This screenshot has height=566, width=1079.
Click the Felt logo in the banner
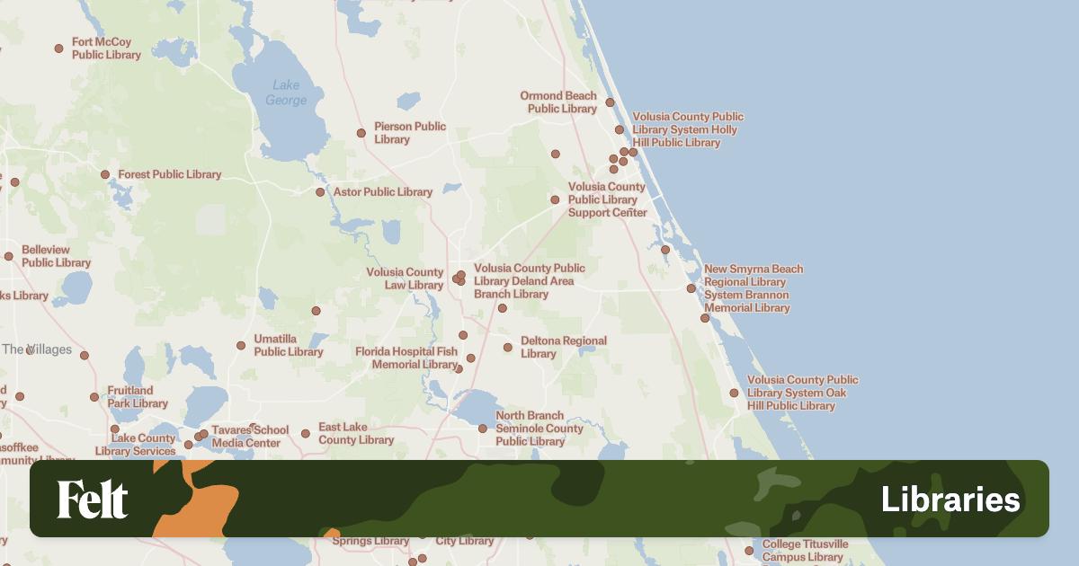pos(93,500)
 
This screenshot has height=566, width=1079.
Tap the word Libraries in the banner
pos(950,500)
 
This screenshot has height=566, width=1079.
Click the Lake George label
pos(286,93)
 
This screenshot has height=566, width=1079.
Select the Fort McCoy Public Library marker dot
pos(59,49)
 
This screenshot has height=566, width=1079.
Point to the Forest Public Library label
pos(169,174)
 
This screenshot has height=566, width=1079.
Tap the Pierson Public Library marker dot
pos(361,133)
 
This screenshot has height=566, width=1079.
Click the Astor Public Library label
pos(382,191)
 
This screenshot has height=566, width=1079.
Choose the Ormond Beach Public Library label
pos(558,102)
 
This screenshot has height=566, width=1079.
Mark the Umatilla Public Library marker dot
pos(241,346)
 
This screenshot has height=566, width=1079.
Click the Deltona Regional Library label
pos(563,347)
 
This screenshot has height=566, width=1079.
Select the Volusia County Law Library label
pos(405,279)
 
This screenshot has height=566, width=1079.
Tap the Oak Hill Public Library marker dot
pos(734,393)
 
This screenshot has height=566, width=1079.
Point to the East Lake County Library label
pos(356,433)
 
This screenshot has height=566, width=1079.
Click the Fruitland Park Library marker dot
pos(94,397)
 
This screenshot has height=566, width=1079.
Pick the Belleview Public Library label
pos(56,256)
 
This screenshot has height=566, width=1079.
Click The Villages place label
pos(36,349)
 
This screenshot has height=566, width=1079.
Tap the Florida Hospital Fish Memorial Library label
pos(406,358)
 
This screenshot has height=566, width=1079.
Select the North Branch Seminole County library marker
pos(483,429)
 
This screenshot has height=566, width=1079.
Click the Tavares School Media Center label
pos(250,437)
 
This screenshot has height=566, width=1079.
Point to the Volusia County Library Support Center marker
pos(555,200)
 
